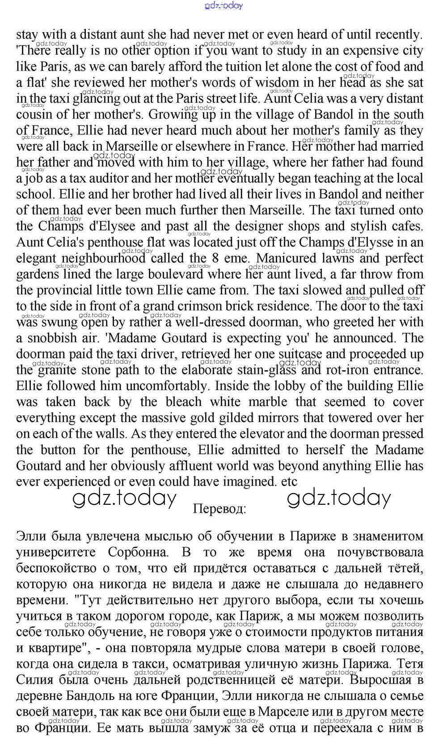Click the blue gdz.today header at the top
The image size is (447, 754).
223,5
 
